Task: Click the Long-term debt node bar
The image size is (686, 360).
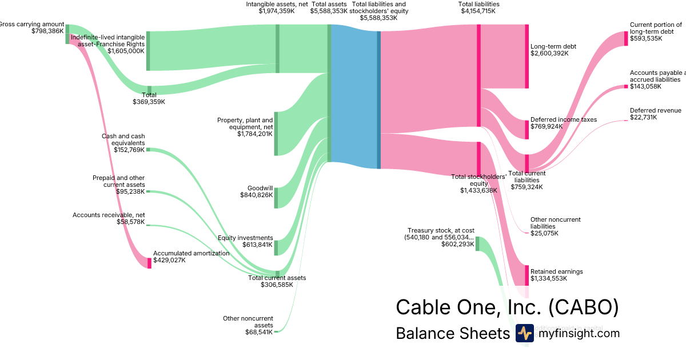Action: point(527,56)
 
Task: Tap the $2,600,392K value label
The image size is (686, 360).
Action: point(549,54)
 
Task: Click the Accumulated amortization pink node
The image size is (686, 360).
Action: point(150,263)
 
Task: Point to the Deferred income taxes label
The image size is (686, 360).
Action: point(563,119)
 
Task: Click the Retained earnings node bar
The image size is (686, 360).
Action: point(527,275)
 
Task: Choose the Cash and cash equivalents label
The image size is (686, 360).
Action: point(123,139)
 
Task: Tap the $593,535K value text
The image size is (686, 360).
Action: point(646,39)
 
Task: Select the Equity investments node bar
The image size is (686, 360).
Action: point(276,247)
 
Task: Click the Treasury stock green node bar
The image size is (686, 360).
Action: point(477,243)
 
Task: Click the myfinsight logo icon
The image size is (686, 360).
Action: point(524,333)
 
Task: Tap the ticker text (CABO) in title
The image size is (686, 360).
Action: point(583,307)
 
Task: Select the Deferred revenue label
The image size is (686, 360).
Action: point(655,110)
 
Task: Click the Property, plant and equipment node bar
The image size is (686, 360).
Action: point(276,134)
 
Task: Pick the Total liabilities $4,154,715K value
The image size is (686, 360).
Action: point(478,11)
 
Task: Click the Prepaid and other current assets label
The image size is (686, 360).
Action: point(118,181)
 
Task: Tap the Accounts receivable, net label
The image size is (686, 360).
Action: point(109,215)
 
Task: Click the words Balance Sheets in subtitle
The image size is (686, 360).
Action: point(452,334)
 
